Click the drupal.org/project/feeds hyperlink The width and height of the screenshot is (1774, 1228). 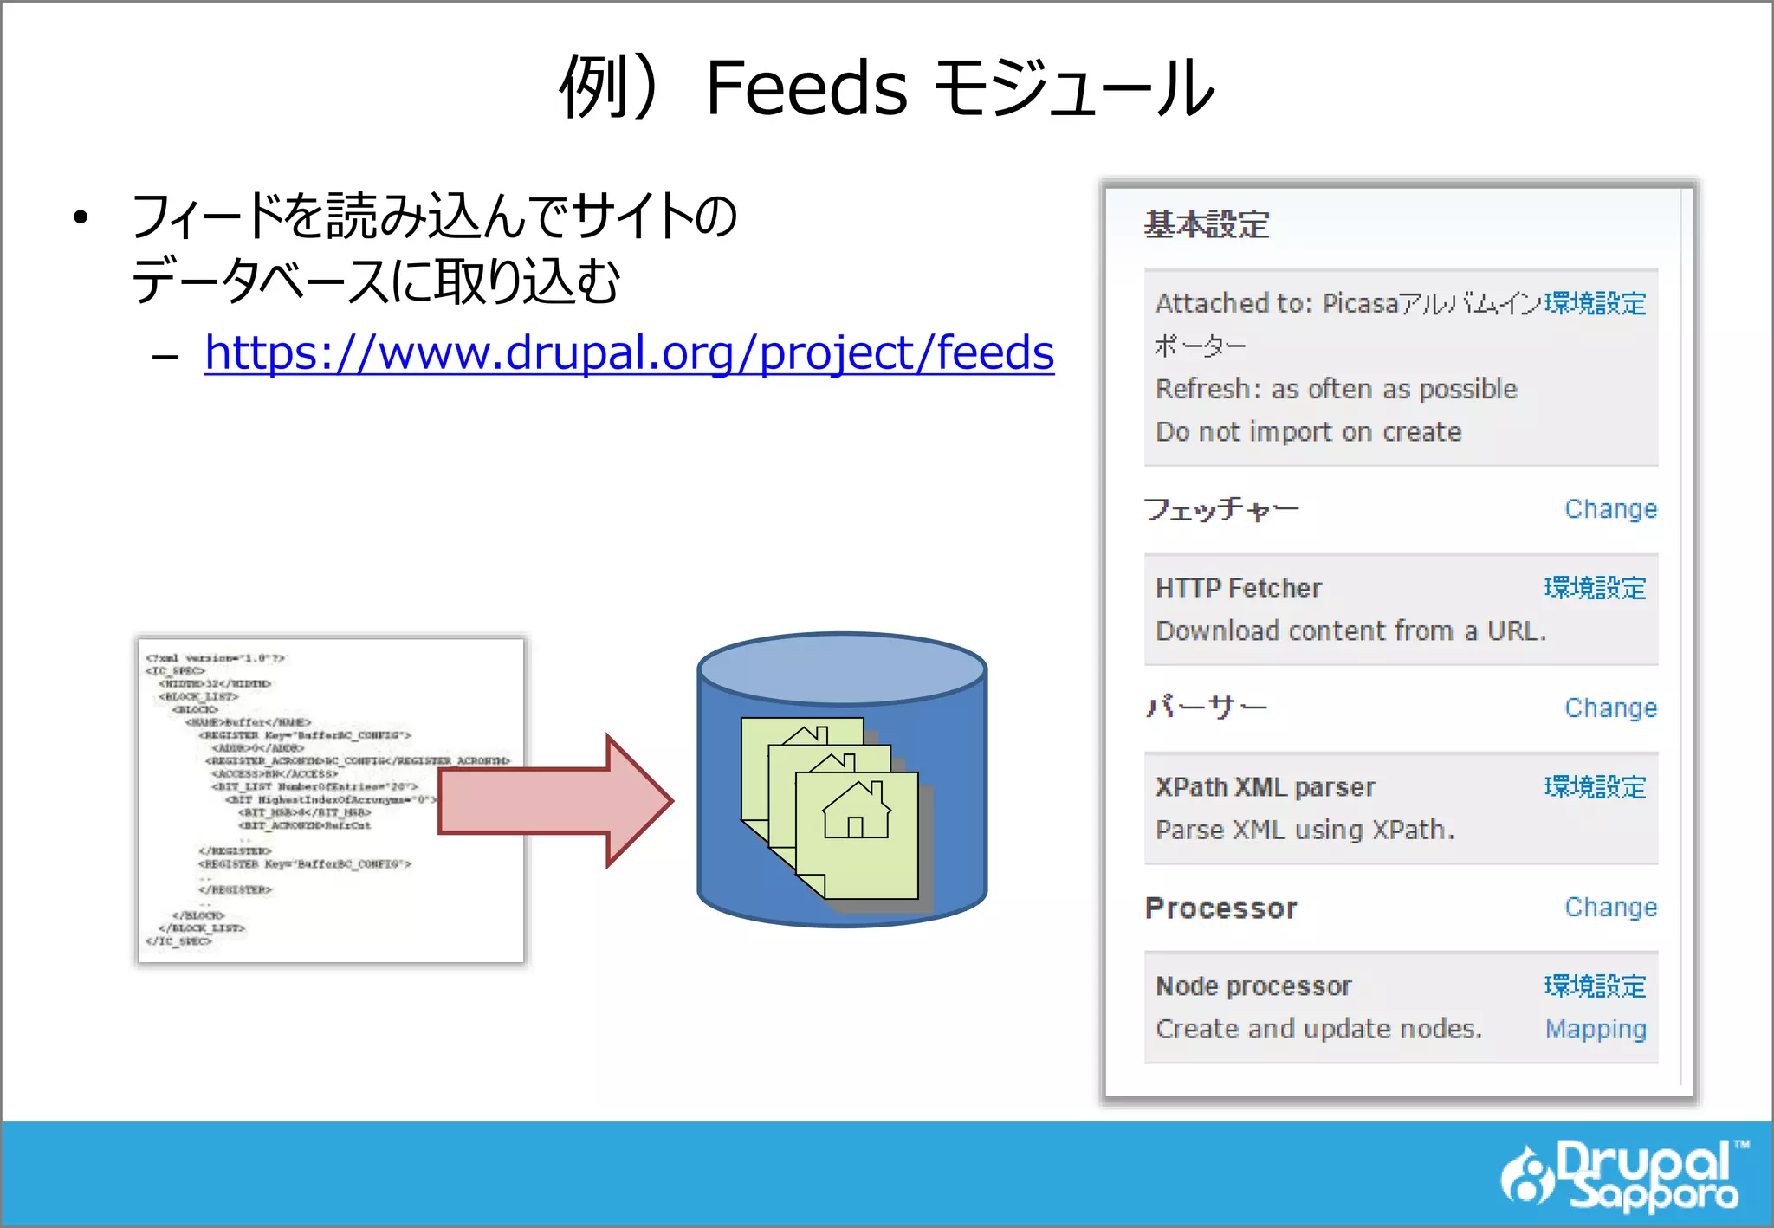629,352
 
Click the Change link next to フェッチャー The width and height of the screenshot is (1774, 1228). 1610,509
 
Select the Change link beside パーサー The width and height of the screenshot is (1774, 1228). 1610,708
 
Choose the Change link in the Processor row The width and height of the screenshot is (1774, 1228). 1610,908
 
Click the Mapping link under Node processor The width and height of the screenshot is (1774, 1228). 1596,1029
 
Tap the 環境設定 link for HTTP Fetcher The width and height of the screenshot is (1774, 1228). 1595,588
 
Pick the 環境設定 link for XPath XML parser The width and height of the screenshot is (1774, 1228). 1595,787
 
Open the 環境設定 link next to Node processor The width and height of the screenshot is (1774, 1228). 1595,986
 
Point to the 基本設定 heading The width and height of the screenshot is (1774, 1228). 1207,225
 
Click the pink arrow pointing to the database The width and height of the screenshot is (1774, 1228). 554,800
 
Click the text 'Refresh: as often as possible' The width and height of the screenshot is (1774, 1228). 1336,389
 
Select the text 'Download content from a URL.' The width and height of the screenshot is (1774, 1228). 1350,630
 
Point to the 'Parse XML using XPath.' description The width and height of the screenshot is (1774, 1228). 1305,830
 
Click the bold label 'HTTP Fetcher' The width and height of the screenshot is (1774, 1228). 1239,588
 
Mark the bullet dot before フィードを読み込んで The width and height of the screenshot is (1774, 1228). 81,217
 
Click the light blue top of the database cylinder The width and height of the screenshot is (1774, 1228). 842,668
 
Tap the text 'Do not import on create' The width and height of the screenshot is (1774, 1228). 1308,431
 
